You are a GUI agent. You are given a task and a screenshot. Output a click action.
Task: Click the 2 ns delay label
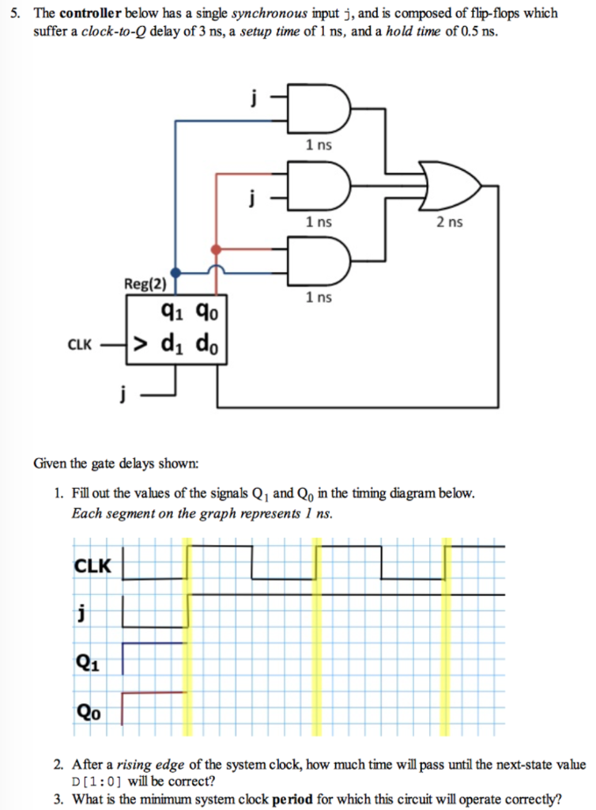[x=451, y=222]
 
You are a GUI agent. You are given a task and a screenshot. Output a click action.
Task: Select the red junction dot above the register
[x=216, y=250]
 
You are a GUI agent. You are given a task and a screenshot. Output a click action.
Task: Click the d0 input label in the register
[x=210, y=344]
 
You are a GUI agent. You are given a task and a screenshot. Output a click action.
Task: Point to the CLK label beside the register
[x=79, y=345]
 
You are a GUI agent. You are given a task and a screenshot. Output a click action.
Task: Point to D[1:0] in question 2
[x=96, y=780]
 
